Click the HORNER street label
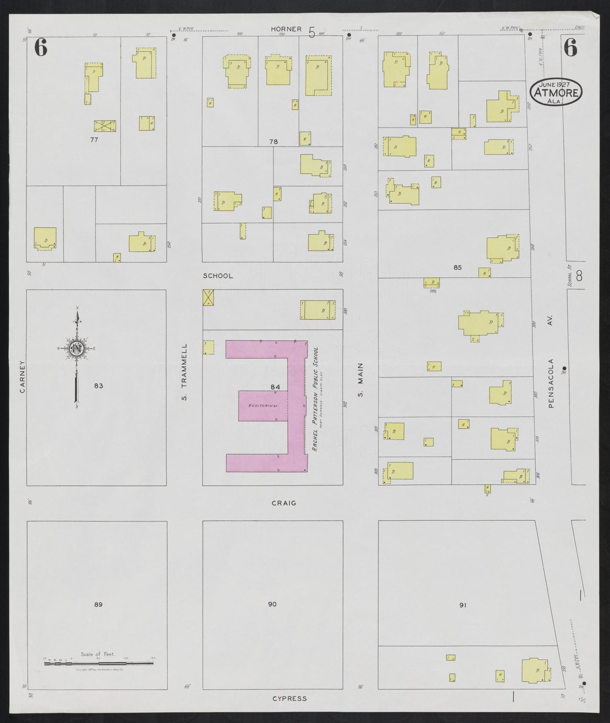pos(286,29)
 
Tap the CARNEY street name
pos(22,376)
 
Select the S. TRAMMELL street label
pos(184,372)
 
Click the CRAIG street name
pos(284,503)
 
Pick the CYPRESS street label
pos(289,698)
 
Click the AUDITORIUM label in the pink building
pos(263,406)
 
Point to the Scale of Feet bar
pos(100,664)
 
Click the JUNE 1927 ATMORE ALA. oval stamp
pos(556,92)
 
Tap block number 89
pos(98,604)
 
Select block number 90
pos(272,604)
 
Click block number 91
pos(463,605)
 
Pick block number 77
pos(94,139)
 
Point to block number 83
pos(98,386)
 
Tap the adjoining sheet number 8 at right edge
pos(579,276)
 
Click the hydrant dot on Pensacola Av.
pos(564,368)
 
